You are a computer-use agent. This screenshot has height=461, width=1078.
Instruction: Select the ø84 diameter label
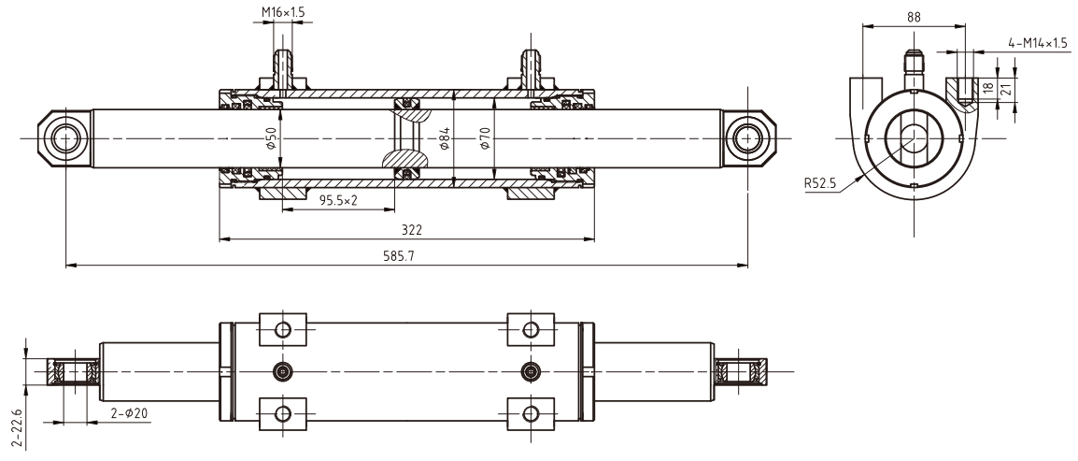pos(446,140)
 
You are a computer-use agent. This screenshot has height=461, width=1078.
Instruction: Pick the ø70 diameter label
pos(484,140)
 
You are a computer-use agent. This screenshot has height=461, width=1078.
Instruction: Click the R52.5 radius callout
pos(819,184)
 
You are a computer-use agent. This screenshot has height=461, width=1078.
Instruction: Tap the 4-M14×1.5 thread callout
pos(1037,43)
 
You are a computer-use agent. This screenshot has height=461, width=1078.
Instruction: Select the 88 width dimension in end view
pos(915,16)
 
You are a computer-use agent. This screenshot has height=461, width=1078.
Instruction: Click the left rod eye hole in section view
pos(66,138)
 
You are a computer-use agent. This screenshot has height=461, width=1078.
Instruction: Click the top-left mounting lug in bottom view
pos(283,329)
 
